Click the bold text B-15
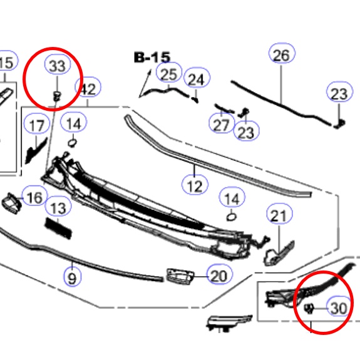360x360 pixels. (x=152, y=58)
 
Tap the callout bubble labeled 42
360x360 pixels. (x=88, y=87)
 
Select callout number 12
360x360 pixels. (x=195, y=185)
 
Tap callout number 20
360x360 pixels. (x=220, y=274)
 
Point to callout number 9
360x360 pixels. (x=73, y=277)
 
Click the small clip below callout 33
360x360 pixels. (x=57, y=96)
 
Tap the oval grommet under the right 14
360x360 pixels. (x=232, y=217)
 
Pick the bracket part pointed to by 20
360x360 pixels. (x=180, y=277)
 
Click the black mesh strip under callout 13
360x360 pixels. (x=59, y=229)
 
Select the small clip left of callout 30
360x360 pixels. (x=309, y=308)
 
